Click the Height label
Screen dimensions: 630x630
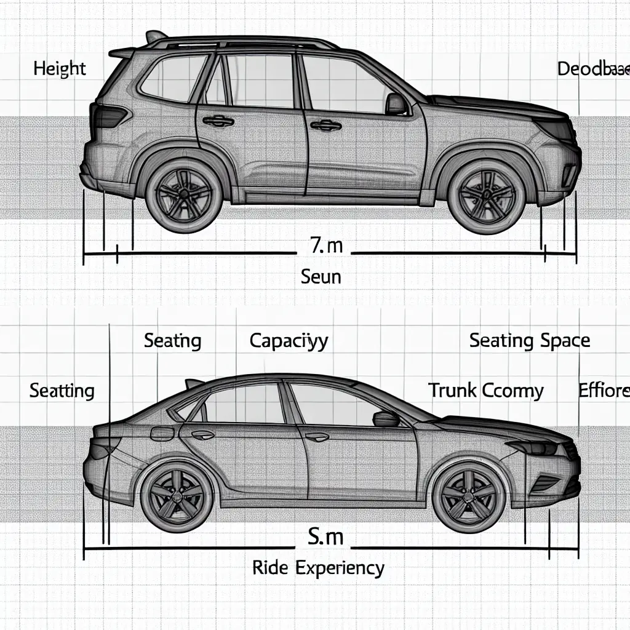[x=60, y=68]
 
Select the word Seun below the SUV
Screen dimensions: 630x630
[x=321, y=276]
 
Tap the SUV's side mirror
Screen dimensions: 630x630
[x=396, y=104]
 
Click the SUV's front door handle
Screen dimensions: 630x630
[x=325, y=126]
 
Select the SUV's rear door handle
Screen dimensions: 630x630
[x=218, y=121]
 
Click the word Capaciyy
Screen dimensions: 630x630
[x=289, y=341]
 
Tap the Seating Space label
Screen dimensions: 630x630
[x=530, y=340]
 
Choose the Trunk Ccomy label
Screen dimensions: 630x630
[x=485, y=390]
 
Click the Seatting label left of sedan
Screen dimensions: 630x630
[x=62, y=390]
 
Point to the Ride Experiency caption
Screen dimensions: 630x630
[x=318, y=567]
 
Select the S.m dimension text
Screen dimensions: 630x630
[x=325, y=537]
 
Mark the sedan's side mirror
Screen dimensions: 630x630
[x=385, y=418]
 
